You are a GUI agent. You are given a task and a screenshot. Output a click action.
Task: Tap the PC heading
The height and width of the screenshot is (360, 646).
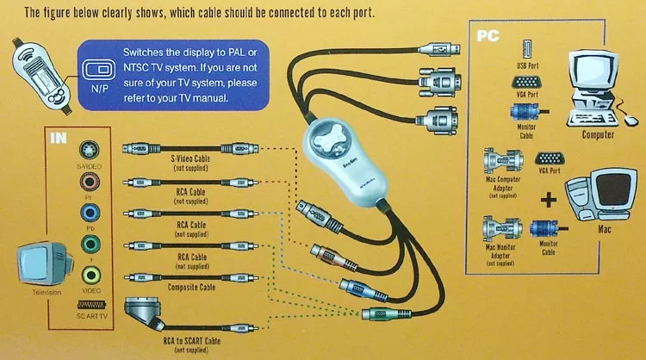pos(488,35)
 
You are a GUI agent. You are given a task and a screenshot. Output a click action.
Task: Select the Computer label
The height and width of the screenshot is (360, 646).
pos(598,135)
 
